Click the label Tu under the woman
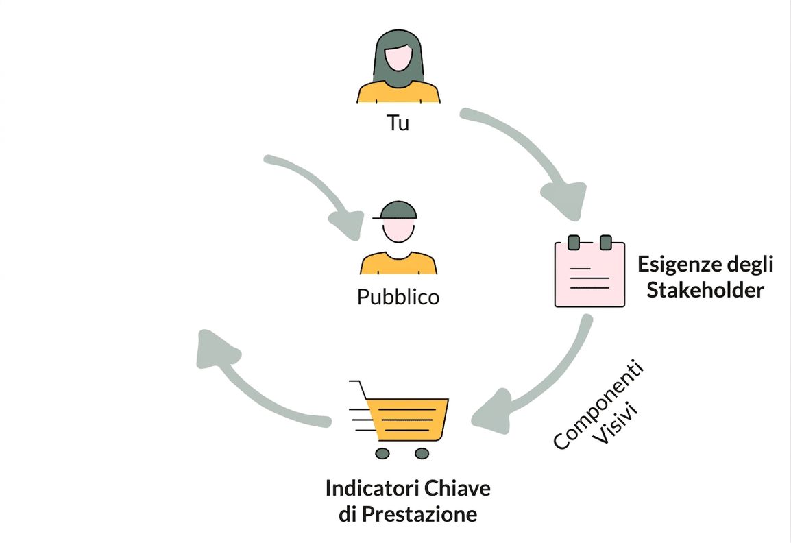pyautogui.click(x=398, y=123)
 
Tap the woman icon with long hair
pyautogui.click(x=398, y=66)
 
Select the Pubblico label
pyautogui.click(x=398, y=297)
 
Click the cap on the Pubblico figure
pyautogui.click(x=396, y=210)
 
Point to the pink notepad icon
pyautogui.click(x=589, y=271)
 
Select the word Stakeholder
pyautogui.click(x=705, y=290)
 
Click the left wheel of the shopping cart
pyautogui.click(x=382, y=453)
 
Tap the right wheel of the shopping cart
pyautogui.click(x=422, y=453)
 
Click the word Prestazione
pyautogui.click(x=419, y=514)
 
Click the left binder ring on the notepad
pyautogui.click(x=573, y=242)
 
